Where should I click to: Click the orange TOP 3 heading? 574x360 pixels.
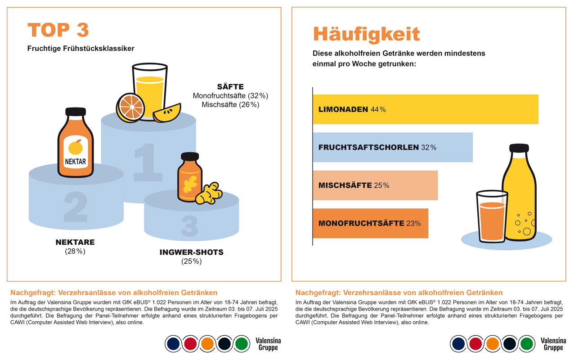coord(58,30)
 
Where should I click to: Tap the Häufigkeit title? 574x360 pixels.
coord(366,34)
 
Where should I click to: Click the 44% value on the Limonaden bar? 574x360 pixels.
coord(378,109)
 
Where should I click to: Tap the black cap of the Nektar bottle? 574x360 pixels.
coord(75,112)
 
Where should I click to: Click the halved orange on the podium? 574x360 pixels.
coord(130,107)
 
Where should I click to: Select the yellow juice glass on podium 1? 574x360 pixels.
coord(149,90)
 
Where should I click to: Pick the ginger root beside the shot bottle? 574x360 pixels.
coord(209,193)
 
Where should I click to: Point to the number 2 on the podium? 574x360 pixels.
coord(76,207)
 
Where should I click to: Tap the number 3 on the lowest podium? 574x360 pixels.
coord(189,226)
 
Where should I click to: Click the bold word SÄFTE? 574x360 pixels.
coord(230,87)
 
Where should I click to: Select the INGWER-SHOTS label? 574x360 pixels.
coord(191,252)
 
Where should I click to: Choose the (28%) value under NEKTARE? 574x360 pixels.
coord(75,251)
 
